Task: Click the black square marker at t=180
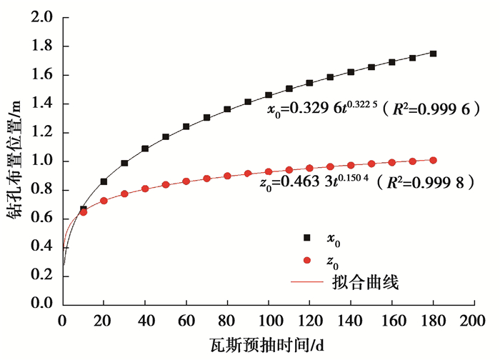pyautogui.click(x=433, y=54)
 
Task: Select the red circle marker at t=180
pyautogui.click(x=433, y=160)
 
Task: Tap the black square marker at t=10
pyautogui.click(x=83, y=209)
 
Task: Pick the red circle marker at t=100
pyautogui.click(x=269, y=171)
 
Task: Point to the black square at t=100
pyautogui.click(x=269, y=95)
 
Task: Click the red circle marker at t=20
pyautogui.click(x=104, y=201)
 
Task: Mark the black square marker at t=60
pyautogui.click(x=186, y=126)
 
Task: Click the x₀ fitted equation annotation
pyautogui.click(x=372, y=109)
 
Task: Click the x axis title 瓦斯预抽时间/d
pyautogui.click(x=269, y=344)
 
